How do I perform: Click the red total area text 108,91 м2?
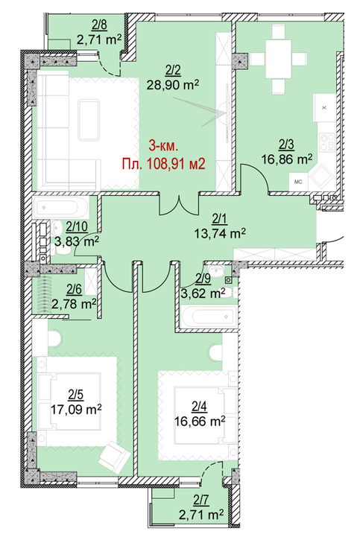(176, 164)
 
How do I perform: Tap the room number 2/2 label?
(173, 71)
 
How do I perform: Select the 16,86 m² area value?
(287, 159)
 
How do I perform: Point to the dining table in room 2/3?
(279, 59)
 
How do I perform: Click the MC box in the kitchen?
(298, 182)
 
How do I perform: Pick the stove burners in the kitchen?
(327, 142)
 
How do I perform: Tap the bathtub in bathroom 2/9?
(209, 316)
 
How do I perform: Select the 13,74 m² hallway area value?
(220, 234)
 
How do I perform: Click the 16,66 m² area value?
(200, 421)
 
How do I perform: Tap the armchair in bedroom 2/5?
(114, 455)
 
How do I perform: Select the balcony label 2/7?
(201, 500)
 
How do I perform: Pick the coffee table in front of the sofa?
(89, 119)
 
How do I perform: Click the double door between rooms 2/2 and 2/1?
(179, 205)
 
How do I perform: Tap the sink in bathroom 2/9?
(216, 272)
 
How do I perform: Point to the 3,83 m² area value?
(77, 241)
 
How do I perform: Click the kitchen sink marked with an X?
(324, 107)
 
